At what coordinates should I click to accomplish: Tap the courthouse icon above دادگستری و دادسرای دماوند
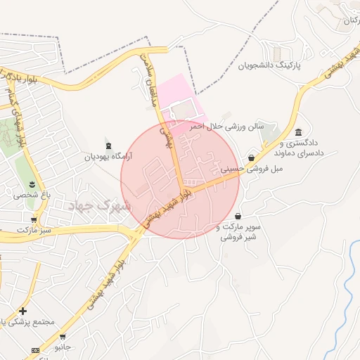(299, 132)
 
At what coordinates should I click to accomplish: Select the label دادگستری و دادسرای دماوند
(300, 148)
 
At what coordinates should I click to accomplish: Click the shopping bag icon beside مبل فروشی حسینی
(251, 158)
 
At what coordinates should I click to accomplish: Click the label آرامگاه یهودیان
(108, 157)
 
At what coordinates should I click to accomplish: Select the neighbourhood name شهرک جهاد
(100, 205)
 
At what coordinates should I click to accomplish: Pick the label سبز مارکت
(36, 230)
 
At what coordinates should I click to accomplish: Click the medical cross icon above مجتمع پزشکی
(23, 310)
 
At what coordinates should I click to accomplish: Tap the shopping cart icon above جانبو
(63, 336)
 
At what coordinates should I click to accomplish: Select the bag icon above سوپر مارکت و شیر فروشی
(238, 216)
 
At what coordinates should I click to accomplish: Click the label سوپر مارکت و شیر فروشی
(238, 233)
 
